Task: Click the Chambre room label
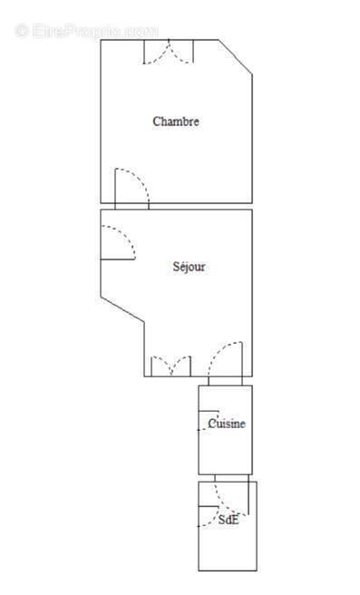click(x=175, y=122)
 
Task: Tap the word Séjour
click(x=189, y=267)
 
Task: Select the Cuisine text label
click(x=226, y=424)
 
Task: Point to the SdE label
click(x=228, y=521)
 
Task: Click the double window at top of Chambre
click(x=169, y=53)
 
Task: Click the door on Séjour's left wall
click(x=118, y=242)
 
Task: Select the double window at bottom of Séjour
click(x=170, y=366)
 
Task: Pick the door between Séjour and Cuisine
click(x=225, y=360)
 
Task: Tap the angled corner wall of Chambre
click(x=235, y=57)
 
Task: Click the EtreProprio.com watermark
click(x=87, y=31)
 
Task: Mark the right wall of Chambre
click(x=251, y=136)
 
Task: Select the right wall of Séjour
click(x=251, y=290)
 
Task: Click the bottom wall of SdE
click(x=228, y=570)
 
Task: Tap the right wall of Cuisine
click(x=251, y=431)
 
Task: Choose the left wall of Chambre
click(x=101, y=122)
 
